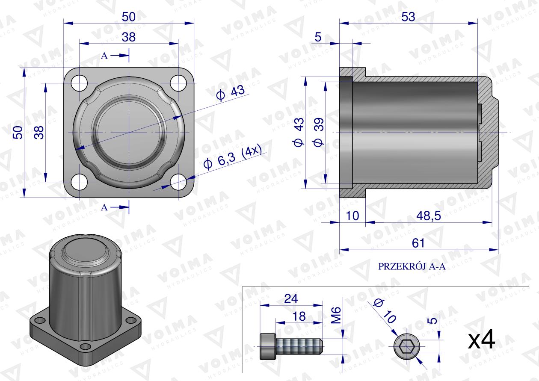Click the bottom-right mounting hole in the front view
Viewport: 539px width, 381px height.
[x=178, y=182]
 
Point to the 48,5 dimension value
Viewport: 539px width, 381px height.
[x=429, y=216]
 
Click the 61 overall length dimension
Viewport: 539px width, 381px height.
[x=418, y=243]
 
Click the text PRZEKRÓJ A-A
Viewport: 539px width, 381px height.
[x=412, y=266]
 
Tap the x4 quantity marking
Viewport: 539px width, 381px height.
[x=482, y=340]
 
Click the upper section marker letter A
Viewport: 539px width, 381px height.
[x=104, y=56]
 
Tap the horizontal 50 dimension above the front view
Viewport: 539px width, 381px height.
[x=128, y=17]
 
